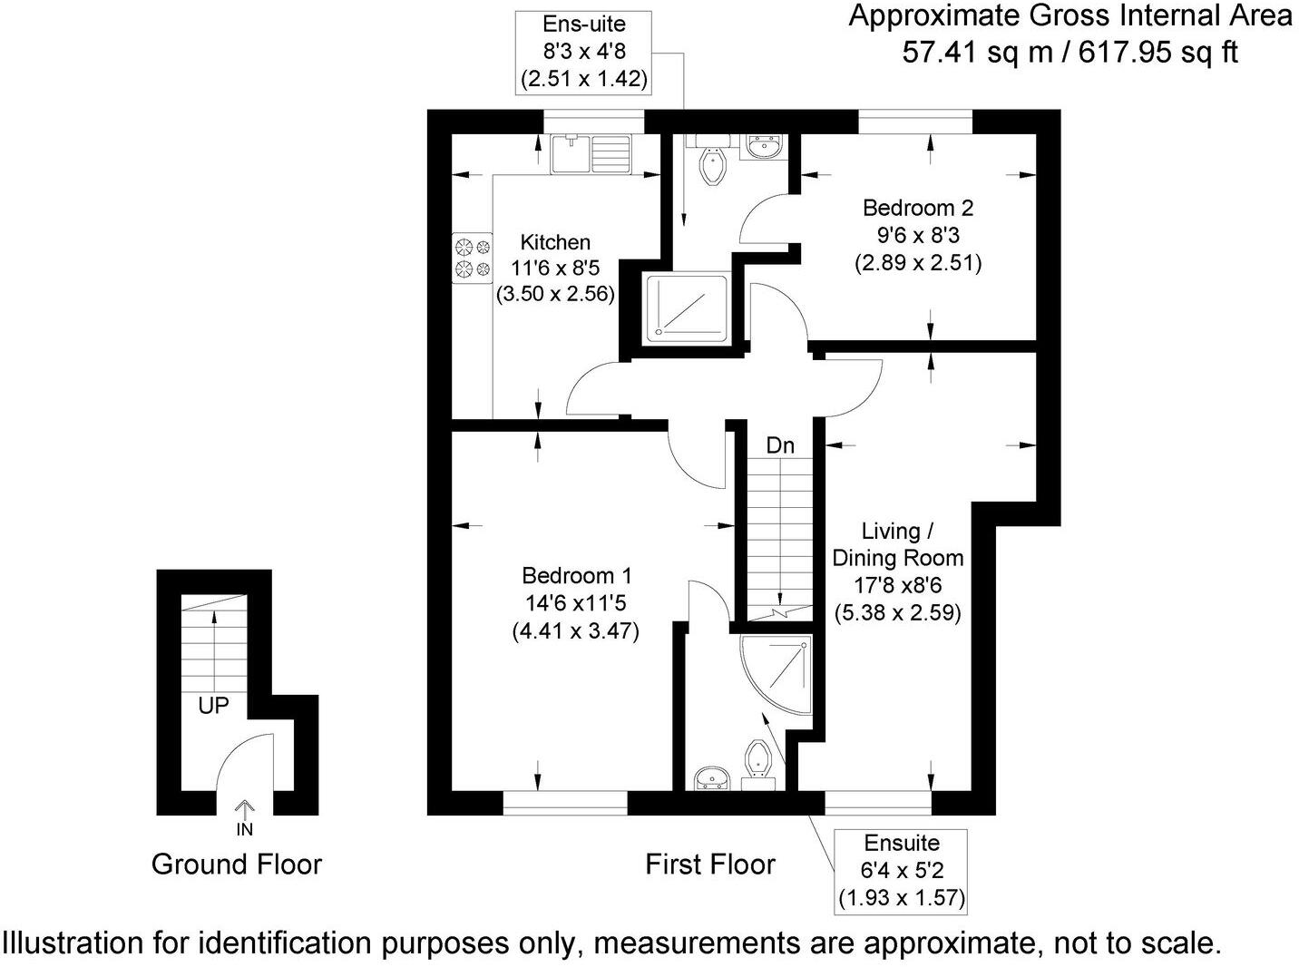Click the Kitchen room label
[555, 242]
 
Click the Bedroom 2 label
[917, 208]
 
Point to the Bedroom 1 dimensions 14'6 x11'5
[576, 602]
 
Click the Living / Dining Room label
[897, 544]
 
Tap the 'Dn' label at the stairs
[780, 445]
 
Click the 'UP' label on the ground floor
[213, 706]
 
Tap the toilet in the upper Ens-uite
[713, 167]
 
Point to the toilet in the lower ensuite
[757, 760]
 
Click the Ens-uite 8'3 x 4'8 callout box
[583, 52]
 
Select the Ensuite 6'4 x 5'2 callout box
[901, 870]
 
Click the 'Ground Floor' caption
[237, 864]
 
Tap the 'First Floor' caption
[709, 864]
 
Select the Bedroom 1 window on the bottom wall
[565, 802]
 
